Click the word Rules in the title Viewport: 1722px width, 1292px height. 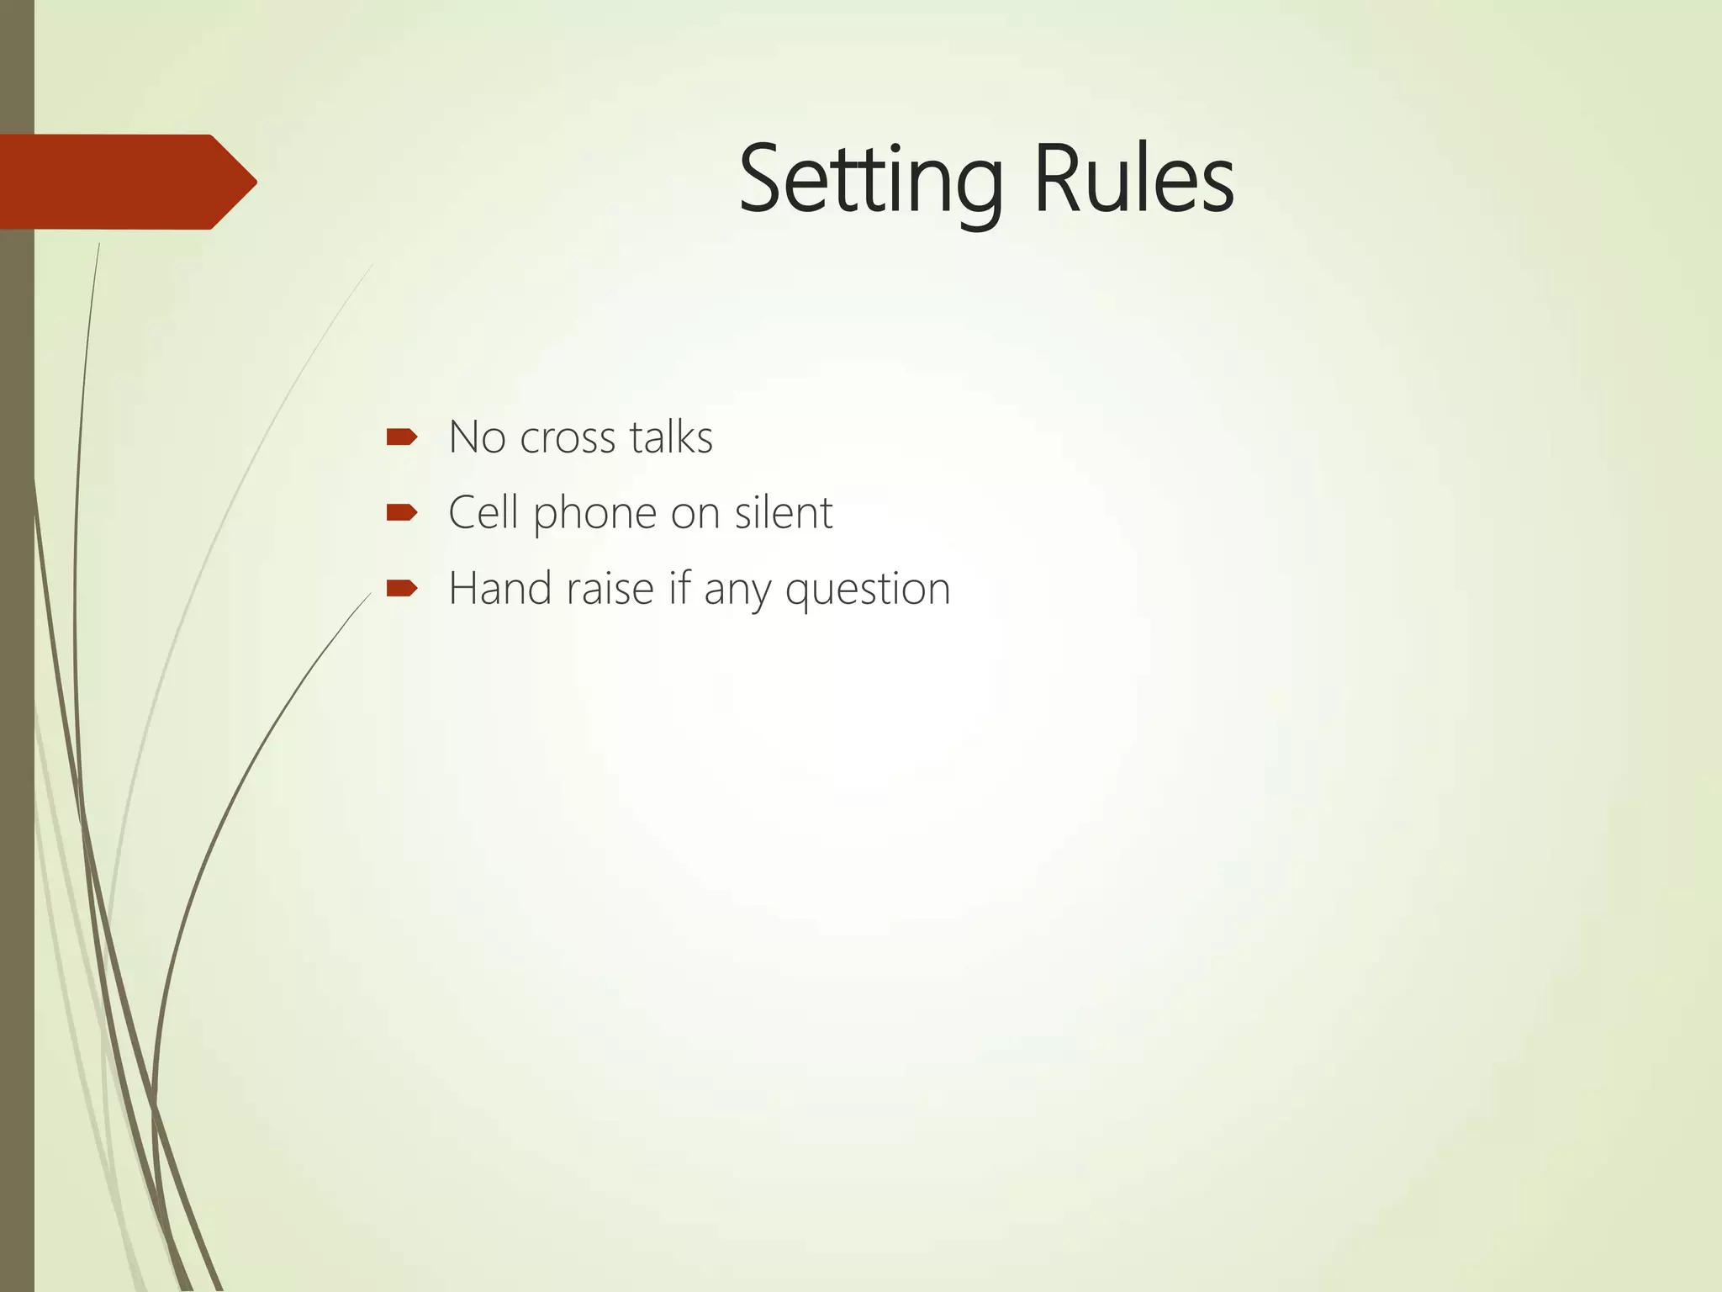(1133, 179)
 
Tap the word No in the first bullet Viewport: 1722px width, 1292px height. (475, 437)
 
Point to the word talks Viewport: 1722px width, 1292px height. (671, 437)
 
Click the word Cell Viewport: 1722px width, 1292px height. (482, 512)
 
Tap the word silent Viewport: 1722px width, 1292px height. (783, 512)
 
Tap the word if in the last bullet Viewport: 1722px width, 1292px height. (679, 588)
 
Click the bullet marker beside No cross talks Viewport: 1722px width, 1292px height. (402, 437)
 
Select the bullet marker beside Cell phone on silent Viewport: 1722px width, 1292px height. (402, 512)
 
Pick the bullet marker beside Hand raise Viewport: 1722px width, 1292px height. (402, 588)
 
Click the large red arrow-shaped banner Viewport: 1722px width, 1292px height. (118, 182)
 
